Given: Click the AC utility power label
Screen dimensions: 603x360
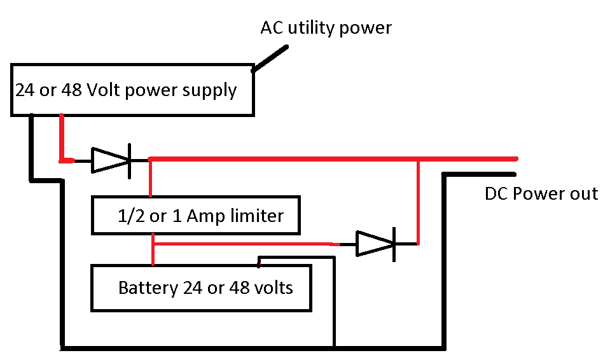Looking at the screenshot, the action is (x=326, y=28).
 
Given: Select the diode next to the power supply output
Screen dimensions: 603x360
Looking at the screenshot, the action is (x=111, y=160).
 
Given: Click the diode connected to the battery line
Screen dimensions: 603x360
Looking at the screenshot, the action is (x=376, y=244).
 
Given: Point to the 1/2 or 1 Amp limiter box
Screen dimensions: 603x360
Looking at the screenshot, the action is (x=196, y=215).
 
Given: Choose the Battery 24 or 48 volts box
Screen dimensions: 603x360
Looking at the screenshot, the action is (x=201, y=287).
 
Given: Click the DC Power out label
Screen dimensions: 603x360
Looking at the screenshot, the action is (x=541, y=193).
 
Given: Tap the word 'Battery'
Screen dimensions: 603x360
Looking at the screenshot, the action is (x=148, y=288).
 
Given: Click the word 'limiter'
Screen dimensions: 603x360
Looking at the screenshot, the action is (x=257, y=216).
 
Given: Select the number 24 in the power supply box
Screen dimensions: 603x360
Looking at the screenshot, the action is (x=25, y=90).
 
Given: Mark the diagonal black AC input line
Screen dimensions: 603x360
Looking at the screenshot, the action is (x=270, y=59).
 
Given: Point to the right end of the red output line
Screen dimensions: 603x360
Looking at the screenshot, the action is (x=517, y=158).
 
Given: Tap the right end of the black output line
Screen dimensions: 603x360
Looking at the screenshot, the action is (x=515, y=174).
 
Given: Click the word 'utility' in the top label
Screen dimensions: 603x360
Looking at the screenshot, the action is (x=312, y=29).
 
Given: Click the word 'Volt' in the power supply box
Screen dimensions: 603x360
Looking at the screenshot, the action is (x=104, y=90).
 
